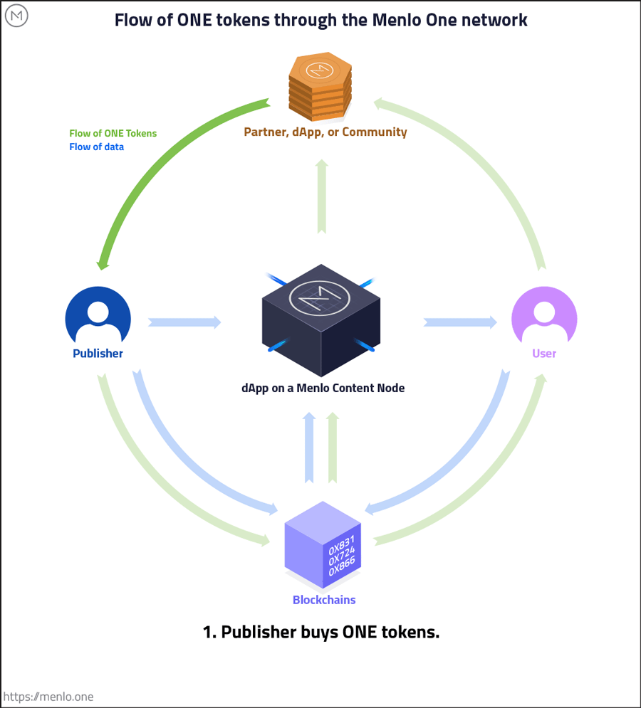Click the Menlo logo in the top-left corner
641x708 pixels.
point(16,16)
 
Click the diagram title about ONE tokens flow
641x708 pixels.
point(321,20)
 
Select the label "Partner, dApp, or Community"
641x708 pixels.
point(325,132)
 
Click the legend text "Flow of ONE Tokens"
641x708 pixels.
point(113,133)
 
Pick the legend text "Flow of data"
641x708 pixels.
point(96,147)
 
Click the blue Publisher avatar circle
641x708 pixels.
point(98,317)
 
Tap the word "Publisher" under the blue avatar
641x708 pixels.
point(98,354)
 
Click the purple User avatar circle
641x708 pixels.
point(544,317)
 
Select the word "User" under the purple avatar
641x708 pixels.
point(544,354)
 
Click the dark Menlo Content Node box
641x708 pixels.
point(321,320)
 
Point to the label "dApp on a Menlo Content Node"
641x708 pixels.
point(323,389)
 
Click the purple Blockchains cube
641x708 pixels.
point(323,544)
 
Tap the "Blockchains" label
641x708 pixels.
point(324,600)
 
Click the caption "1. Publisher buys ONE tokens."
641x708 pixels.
point(321,632)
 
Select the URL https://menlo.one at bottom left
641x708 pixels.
point(48,697)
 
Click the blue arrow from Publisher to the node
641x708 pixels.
point(184,322)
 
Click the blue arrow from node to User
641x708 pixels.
point(460,322)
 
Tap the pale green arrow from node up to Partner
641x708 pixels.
point(322,196)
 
